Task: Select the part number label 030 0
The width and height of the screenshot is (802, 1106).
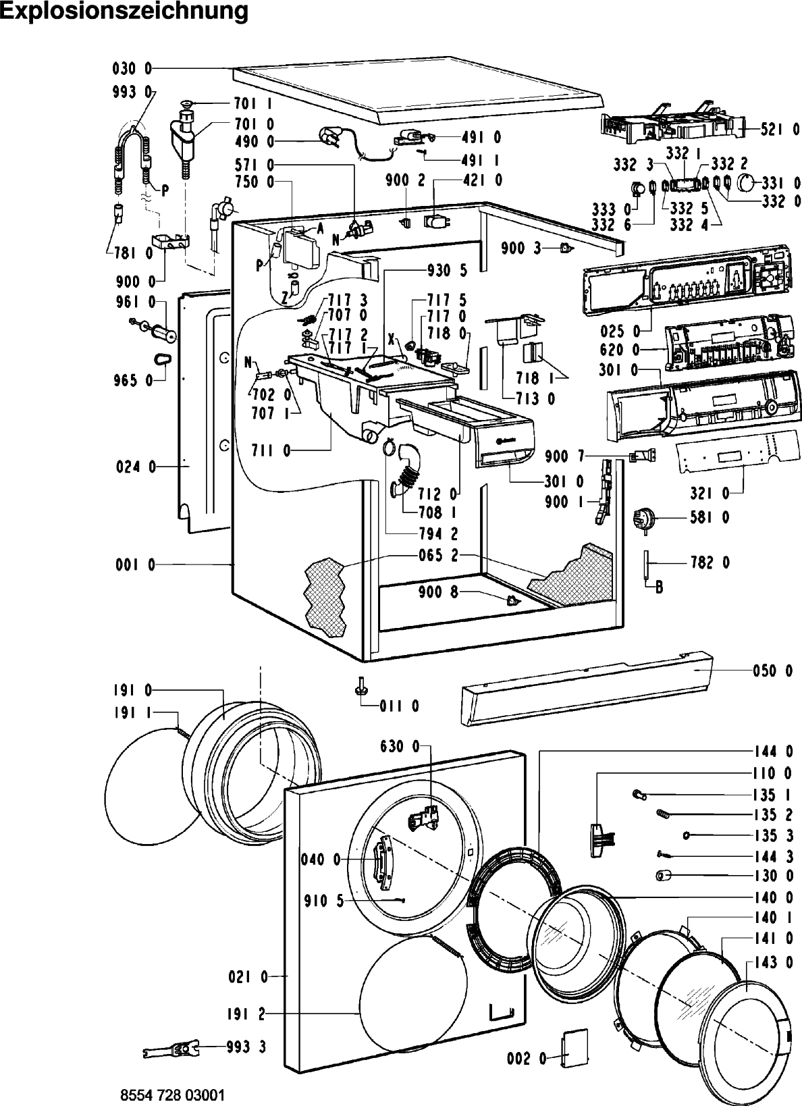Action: [132, 69]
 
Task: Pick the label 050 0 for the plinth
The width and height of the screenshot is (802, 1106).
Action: [773, 670]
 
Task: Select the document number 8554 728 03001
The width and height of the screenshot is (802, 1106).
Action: [173, 1095]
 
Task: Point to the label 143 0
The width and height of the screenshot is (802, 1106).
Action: [774, 962]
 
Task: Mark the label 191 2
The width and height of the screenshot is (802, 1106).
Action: [246, 1014]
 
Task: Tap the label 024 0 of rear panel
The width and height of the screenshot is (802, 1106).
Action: [136, 467]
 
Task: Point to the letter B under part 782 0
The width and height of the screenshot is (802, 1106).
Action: [659, 587]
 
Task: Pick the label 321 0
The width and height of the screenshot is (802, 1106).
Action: [710, 493]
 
